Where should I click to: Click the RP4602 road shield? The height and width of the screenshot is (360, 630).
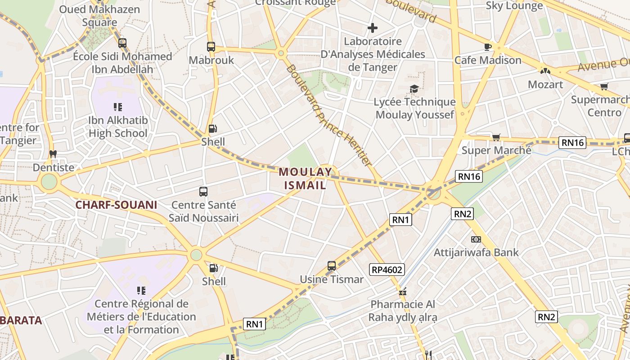coord(387,270)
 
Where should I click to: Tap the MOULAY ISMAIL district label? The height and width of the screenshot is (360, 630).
coord(306,178)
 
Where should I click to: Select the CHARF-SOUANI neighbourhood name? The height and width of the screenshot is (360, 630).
coord(116,205)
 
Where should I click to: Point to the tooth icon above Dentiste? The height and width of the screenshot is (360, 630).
coord(53,154)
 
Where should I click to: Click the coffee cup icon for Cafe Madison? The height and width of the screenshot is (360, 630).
coord(487,46)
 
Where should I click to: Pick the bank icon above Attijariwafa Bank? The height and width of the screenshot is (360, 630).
coord(476,239)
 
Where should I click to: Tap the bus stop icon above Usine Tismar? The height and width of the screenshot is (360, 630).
coord(332,266)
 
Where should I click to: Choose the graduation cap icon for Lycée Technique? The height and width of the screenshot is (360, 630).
coord(414,89)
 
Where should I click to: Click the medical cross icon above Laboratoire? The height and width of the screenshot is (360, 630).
coord(372,28)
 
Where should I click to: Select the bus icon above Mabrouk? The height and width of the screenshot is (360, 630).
coord(211,46)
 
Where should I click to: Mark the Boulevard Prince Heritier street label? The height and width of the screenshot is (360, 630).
coord(329,116)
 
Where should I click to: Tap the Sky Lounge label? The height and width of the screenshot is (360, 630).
coord(514,6)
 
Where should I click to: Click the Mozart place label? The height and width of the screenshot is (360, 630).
coord(545,85)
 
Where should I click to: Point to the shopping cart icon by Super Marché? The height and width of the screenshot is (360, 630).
coord(496,137)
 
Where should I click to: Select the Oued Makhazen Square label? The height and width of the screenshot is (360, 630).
coord(99,16)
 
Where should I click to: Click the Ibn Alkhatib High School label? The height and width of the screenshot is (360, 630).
coord(118,127)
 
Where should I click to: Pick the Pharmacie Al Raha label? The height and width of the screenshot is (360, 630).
coord(403,310)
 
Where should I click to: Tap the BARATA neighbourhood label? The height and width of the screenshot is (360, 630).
coord(21,320)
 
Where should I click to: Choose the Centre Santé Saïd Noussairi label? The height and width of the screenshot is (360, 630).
coord(203,211)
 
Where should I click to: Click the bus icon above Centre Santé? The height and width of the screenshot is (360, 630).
coord(203,192)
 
